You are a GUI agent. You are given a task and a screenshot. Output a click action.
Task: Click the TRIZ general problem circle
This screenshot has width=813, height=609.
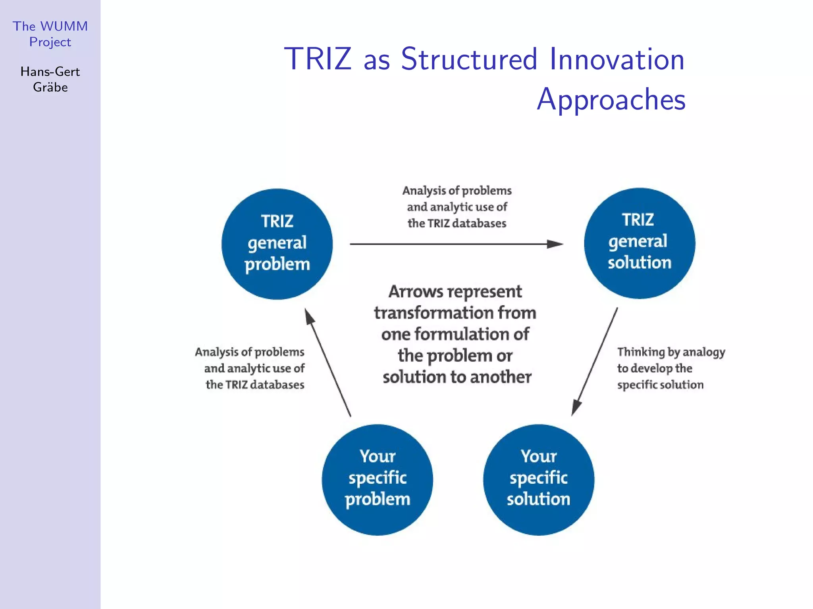277,244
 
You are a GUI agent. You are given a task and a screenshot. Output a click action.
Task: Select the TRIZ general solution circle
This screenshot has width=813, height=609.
640,243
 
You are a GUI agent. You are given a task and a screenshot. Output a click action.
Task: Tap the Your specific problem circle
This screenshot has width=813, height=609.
377,480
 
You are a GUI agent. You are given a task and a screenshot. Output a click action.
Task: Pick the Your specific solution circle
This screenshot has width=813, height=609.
539,480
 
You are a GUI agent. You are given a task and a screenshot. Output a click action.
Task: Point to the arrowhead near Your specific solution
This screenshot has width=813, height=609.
576,407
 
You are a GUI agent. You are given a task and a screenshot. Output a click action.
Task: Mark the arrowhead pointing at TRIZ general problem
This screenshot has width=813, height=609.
309,317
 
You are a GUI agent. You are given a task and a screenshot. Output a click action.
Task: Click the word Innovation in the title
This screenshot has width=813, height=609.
617,59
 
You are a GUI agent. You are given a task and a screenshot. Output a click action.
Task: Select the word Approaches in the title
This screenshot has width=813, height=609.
611,99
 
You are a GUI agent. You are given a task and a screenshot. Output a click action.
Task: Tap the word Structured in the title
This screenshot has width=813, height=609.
469,59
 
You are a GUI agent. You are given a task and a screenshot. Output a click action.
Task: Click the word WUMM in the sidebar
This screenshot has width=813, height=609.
64,26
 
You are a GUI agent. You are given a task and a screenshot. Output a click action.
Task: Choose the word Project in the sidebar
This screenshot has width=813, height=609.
50,42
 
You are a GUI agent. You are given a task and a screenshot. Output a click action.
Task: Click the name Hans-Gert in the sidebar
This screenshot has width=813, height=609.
50,71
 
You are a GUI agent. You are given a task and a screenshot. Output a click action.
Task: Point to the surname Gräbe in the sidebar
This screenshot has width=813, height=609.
50,87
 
